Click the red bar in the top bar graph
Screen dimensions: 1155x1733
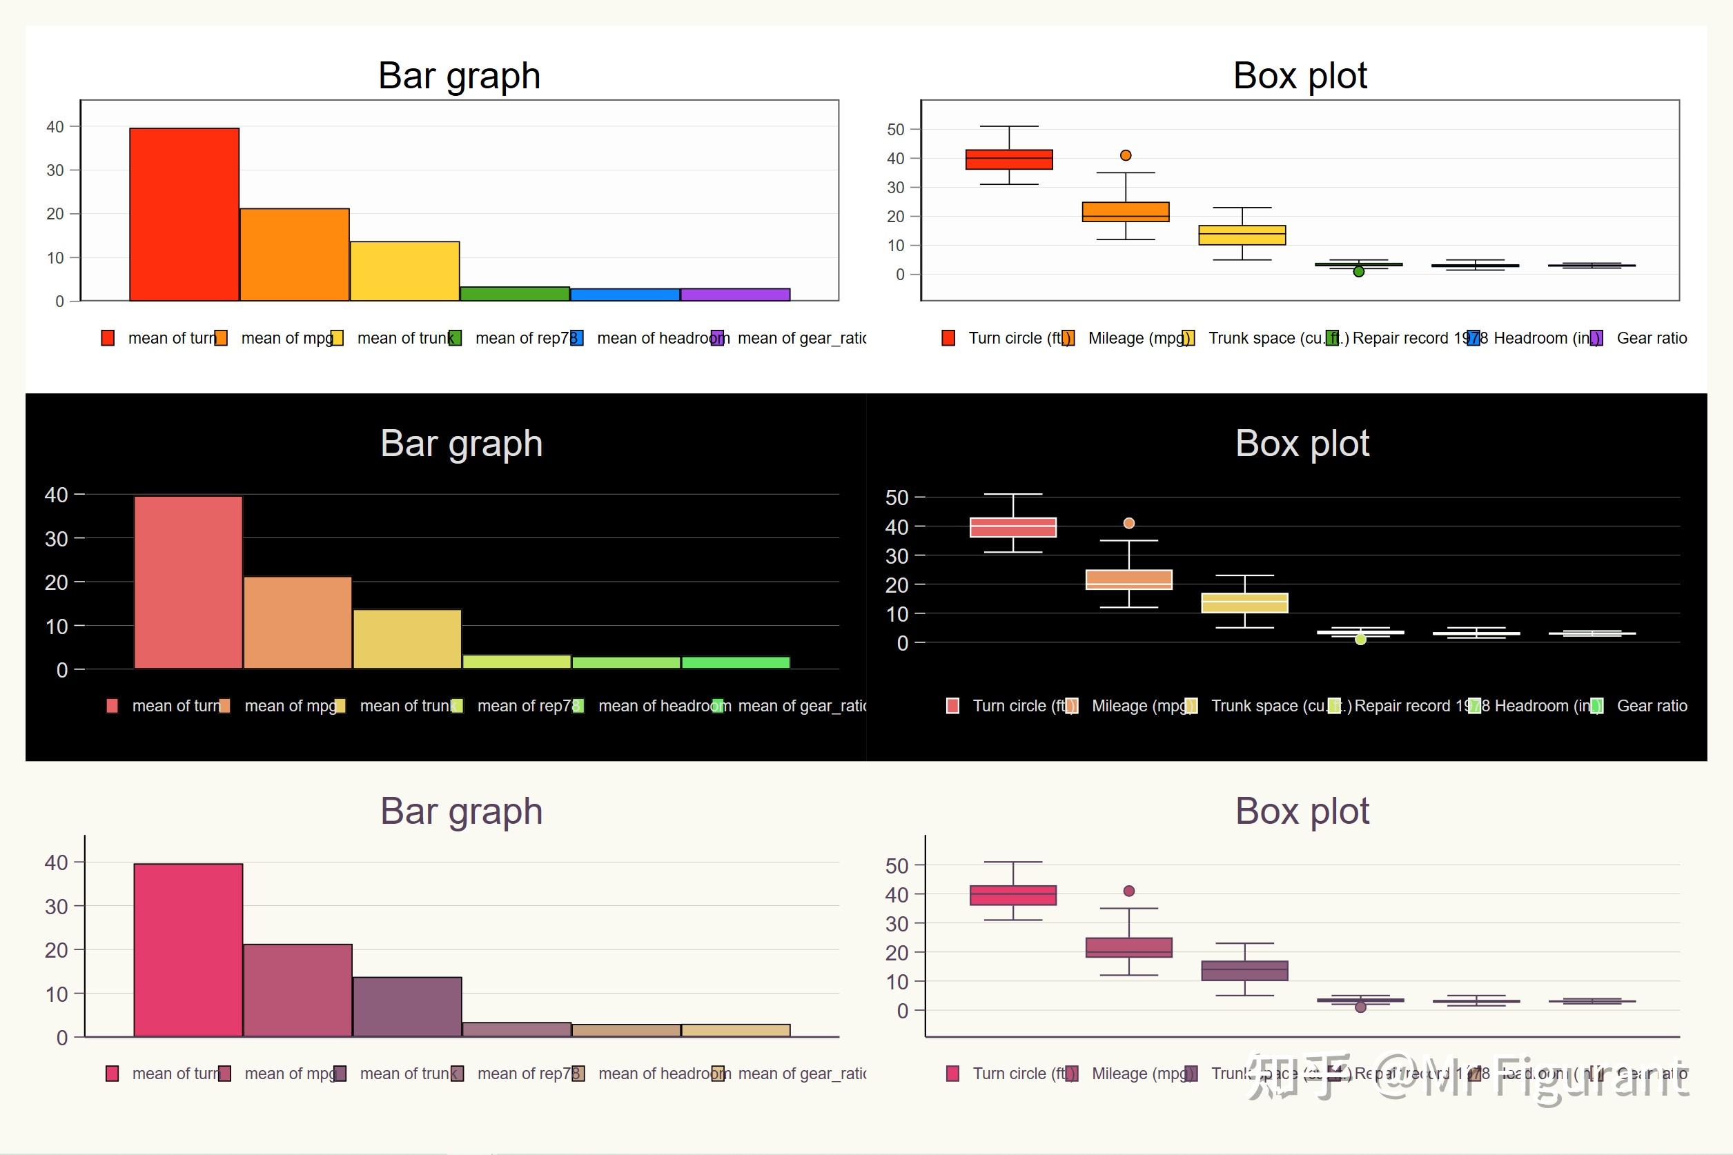(x=184, y=215)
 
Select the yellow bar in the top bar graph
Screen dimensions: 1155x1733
(x=404, y=271)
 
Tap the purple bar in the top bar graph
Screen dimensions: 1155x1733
(x=735, y=295)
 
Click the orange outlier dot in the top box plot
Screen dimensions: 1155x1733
(x=1125, y=155)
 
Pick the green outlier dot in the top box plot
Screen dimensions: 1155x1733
(x=1359, y=272)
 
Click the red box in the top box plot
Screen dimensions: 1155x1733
(x=1009, y=159)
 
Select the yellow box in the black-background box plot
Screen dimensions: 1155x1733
(x=1244, y=602)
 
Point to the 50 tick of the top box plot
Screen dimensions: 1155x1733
(x=895, y=130)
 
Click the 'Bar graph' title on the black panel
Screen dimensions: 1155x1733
(x=461, y=444)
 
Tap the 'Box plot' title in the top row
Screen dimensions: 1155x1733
(x=1300, y=76)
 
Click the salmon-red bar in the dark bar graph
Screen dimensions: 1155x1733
(x=188, y=582)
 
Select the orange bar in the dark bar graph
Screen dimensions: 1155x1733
(x=297, y=622)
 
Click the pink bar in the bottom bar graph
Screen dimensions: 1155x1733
(x=188, y=949)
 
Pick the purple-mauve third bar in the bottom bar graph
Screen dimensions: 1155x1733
(x=407, y=1006)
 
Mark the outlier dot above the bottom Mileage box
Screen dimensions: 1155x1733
(x=1129, y=891)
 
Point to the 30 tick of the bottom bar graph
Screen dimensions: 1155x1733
(x=56, y=907)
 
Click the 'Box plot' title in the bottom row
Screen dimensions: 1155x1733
(x=1302, y=811)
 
